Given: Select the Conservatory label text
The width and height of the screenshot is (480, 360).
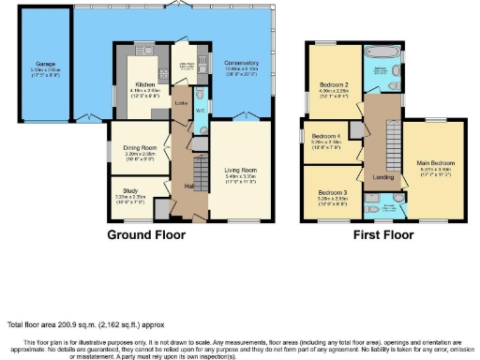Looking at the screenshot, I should pos(241,63).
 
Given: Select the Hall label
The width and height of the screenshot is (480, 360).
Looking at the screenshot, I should pos(189,187).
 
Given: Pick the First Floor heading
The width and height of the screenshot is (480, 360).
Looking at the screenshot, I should pos(382,233).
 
